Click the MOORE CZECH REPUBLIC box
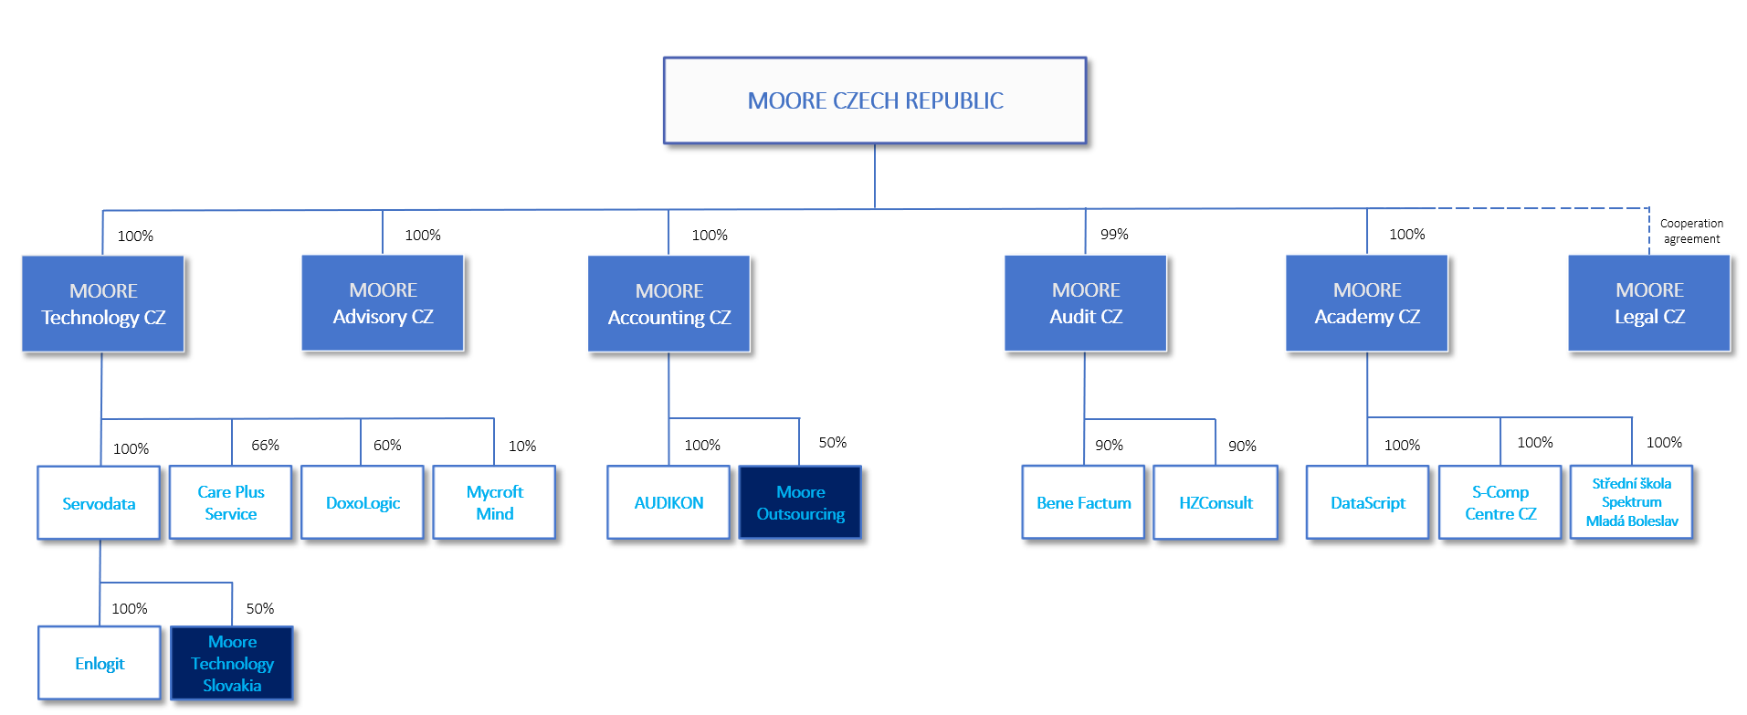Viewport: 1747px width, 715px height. (875, 100)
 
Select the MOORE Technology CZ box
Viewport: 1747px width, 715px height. (103, 304)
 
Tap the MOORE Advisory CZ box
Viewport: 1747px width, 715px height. (383, 303)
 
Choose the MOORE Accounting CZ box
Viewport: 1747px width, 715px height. (669, 304)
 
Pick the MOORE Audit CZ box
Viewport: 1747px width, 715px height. (1086, 303)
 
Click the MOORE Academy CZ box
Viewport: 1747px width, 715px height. (1367, 303)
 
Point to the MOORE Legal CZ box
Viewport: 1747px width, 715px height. (1649, 303)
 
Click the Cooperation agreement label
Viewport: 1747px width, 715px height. (1691, 231)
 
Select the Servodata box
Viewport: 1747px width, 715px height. (99, 503)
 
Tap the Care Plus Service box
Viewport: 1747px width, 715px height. (231, 503)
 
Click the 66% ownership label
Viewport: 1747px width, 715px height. (266, 445)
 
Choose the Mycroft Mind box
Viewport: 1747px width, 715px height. (494, 503)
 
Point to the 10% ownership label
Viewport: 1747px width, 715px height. (522, 446)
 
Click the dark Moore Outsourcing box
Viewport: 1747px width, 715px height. (800, 503)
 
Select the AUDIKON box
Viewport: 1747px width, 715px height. (668, 503)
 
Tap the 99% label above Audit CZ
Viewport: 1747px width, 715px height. (1114, 235)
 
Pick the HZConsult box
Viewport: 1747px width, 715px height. (1216, 503)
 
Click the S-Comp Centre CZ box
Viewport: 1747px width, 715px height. (1500, 503)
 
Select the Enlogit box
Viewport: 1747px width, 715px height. (100, 664)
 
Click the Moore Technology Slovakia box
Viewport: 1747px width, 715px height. (232, 664)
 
